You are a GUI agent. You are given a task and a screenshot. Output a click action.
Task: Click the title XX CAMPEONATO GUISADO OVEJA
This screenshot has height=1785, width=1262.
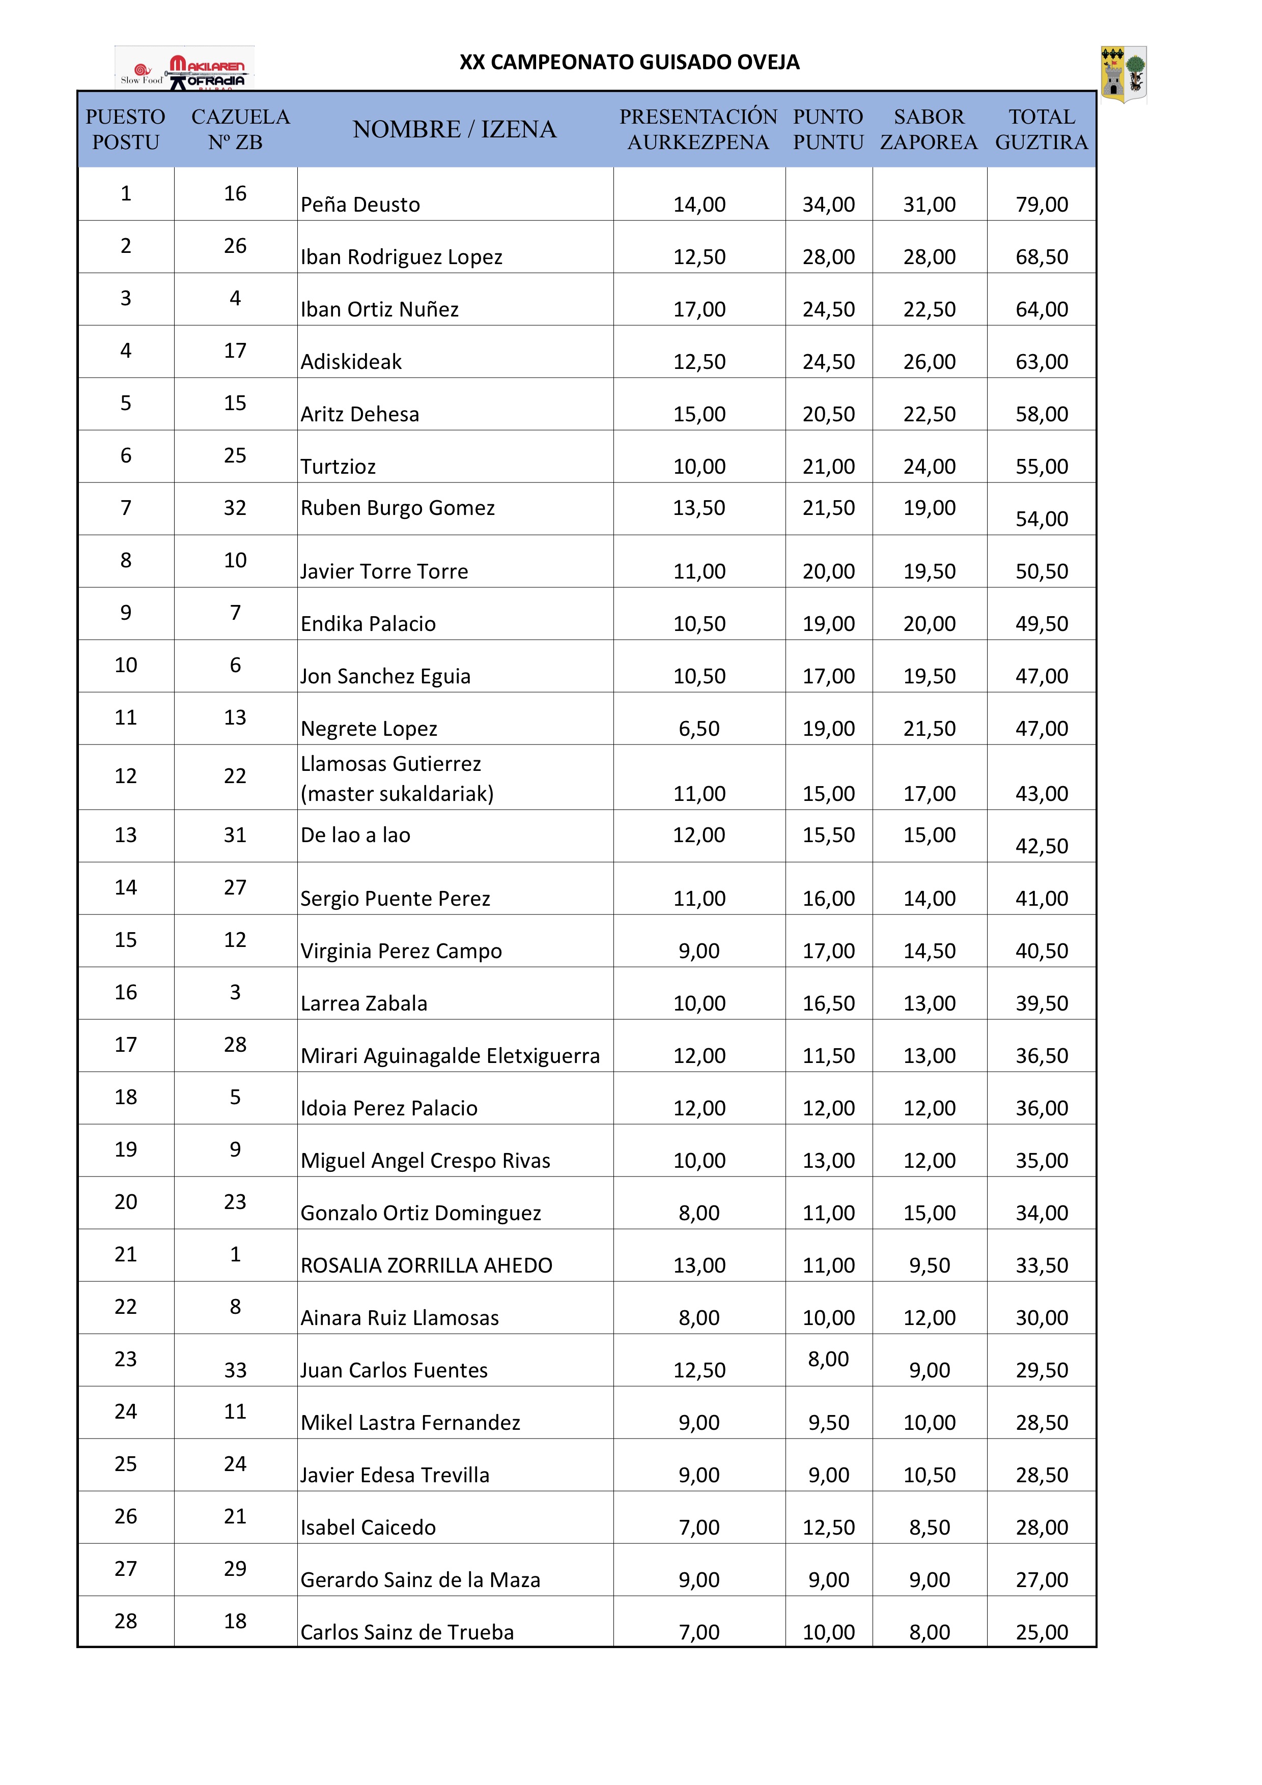(x=629, y=62)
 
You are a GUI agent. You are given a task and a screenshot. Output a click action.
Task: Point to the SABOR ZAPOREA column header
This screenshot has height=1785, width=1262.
(x=929, y=129)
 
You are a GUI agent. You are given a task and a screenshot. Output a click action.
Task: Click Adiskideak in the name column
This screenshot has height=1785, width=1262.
(x=351, y=361)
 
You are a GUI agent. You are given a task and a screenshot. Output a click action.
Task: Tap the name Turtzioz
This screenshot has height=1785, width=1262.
(x=338, y=467)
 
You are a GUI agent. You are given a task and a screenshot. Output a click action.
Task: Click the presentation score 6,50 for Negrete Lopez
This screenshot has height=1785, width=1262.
(x=699, y=729)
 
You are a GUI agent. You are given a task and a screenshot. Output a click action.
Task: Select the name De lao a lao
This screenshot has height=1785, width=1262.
(x=355, y=835)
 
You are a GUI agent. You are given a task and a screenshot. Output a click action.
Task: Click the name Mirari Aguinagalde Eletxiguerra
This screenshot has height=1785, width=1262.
(x=450, y=1056)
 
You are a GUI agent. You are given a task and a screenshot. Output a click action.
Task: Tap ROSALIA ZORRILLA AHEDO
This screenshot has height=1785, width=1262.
(x=426, y=1265)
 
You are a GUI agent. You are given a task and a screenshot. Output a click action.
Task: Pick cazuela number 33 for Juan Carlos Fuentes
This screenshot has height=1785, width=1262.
(x=235, y=1371)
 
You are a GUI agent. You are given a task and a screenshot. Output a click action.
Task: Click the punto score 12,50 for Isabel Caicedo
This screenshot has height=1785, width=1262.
(x=828, y=1528)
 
